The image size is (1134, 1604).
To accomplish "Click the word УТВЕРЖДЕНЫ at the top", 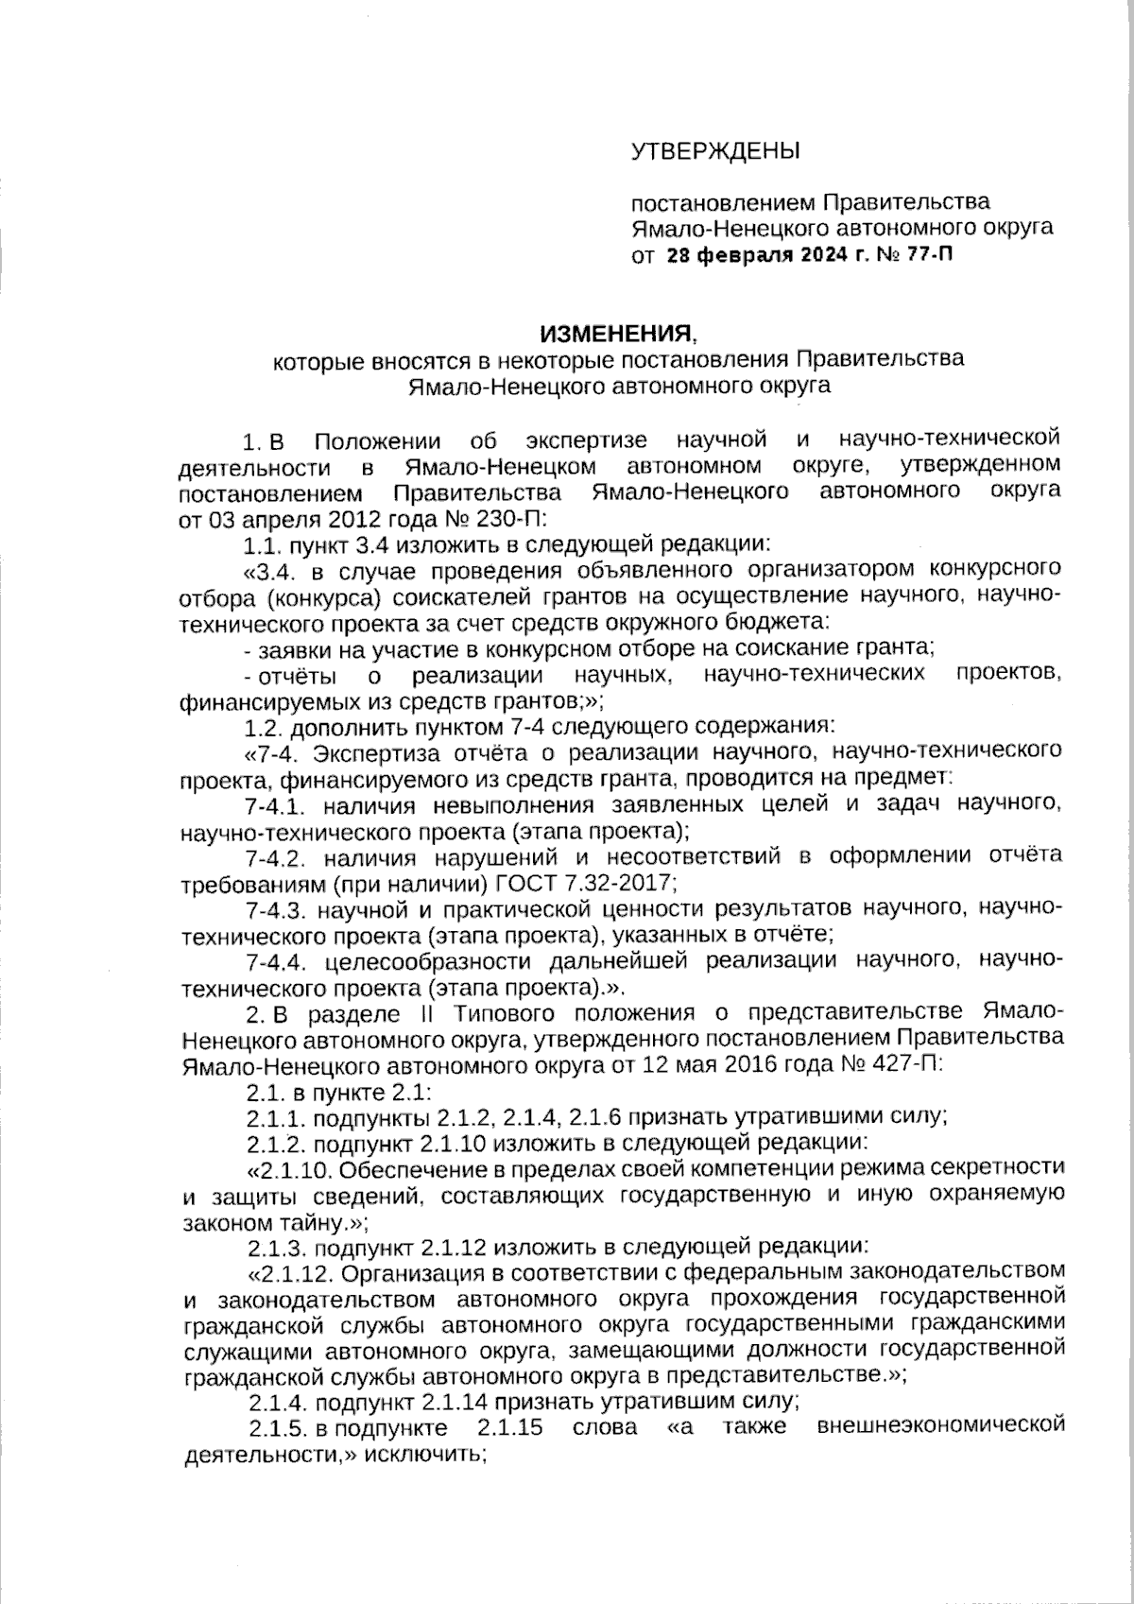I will (x=714, y=150).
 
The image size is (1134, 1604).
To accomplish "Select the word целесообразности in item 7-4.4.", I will (x=413, y=961).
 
